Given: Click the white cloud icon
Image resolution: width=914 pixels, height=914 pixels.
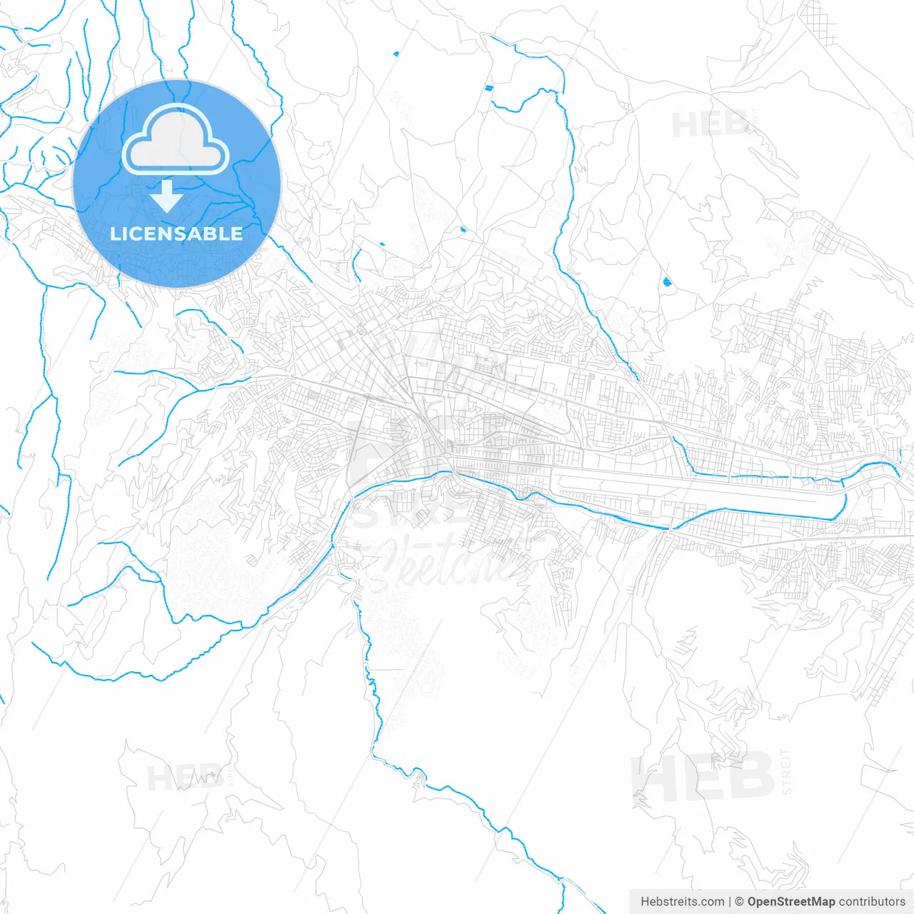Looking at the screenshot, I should click(176, 140).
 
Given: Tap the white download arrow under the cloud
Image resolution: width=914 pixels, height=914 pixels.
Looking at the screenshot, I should click(167, 196).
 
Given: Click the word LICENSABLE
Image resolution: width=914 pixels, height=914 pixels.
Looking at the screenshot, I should click(176, 233).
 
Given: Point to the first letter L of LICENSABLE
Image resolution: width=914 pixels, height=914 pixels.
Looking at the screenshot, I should click(115, 233).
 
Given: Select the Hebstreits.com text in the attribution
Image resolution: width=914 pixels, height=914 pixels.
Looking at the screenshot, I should click(682, 902).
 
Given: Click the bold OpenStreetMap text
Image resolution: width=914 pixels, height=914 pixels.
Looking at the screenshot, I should click(790, 902).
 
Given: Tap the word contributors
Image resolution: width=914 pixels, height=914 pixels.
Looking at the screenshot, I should click(872, 902).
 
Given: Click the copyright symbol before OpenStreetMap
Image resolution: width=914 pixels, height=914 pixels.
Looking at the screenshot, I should click(740, 902).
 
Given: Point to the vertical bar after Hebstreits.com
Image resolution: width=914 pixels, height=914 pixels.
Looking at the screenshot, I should click(730, 902).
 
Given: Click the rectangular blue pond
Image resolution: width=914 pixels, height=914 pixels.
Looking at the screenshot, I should click(488, 88).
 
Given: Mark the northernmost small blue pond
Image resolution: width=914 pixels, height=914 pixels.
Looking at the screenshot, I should click(396, 53).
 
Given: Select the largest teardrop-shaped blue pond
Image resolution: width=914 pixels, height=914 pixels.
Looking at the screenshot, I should click(667, 282).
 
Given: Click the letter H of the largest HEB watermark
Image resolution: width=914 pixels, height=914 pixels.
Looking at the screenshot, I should click(653, 777).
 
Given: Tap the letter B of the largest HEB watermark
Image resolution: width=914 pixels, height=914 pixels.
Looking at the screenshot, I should click(750, 777).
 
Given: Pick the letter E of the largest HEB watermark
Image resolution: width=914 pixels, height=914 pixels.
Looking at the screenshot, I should click(702, 777).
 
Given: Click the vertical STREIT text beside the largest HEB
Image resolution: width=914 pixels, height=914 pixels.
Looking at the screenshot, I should click(787, 772).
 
